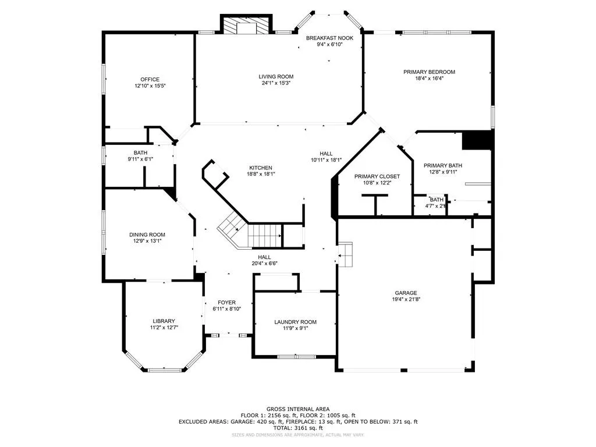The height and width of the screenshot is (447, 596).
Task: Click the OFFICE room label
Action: [150, 80]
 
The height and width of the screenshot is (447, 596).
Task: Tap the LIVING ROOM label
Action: [276, 77]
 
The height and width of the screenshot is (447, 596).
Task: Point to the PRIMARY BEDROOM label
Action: [429, 72]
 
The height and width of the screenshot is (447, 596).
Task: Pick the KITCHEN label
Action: [261, 168]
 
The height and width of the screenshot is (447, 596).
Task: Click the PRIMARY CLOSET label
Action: [377, 176]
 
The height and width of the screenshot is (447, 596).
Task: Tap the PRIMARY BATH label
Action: [442, 166]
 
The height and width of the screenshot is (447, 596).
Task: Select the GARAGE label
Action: [406, 293]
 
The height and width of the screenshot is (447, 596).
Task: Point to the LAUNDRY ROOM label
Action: [295, 322]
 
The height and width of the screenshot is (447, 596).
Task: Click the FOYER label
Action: [226, 303]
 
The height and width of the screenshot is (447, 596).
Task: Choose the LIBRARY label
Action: [164, 321]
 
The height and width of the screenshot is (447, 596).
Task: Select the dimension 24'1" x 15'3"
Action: [276, 83]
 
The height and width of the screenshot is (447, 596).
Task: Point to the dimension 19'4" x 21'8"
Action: [406, 300]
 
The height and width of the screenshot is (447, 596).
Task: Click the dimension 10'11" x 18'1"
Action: [326, 160]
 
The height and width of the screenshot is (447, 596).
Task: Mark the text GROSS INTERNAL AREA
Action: [297, 409]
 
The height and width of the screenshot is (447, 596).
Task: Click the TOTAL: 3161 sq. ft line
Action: [297, 428]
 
